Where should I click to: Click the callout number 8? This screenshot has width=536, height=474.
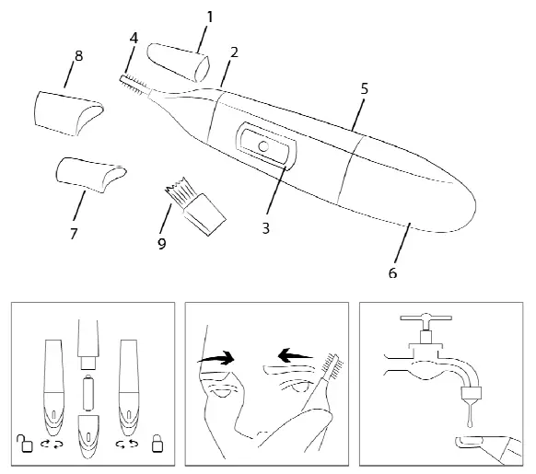(78, 55)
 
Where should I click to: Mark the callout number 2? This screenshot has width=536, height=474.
(235, 52)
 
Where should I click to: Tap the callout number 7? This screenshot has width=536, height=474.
(74, 233)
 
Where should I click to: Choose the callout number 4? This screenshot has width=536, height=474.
(134, 38)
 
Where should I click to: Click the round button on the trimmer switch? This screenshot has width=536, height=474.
(263, 145)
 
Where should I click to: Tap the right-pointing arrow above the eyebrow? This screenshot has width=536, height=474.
(219, 359)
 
